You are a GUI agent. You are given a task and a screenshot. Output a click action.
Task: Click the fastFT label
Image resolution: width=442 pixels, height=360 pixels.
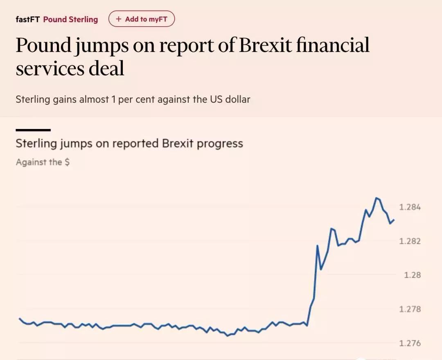[x=28, y=19]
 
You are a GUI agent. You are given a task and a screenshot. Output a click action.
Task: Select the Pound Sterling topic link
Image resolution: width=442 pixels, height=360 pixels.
[x=70, y=19]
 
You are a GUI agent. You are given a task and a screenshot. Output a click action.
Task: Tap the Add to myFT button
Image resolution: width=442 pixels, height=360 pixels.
[x=141, y=19]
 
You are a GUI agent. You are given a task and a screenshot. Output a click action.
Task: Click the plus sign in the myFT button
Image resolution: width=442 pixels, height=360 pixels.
[x=119, y=19]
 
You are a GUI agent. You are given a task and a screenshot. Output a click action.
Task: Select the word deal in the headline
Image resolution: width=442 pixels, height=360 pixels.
[x=107, y=68]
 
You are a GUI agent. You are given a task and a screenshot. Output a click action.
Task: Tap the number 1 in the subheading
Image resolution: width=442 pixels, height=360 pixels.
[x=113, y=99]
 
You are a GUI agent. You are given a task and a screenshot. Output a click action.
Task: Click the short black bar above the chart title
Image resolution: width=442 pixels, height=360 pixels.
[x=33, y=130]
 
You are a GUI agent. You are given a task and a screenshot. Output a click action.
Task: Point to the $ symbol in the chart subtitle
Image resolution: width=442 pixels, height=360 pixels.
[x=67, y=162]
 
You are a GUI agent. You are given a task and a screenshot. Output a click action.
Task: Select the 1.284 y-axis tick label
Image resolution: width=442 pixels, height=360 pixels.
[x=410, y=207]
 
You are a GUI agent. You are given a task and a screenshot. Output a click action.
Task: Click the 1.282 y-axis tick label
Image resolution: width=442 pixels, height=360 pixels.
[x=410, y=241]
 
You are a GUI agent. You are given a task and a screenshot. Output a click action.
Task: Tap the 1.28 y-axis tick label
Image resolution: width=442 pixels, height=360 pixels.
[x=412, y=275]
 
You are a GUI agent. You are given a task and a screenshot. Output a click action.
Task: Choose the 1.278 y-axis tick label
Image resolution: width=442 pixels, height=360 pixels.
[x=410, y=309]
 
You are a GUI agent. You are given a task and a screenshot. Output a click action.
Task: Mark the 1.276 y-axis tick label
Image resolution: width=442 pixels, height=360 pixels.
[x=410, y=343]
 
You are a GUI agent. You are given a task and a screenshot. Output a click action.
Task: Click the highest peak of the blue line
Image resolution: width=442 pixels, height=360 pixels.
[x=376, y=198]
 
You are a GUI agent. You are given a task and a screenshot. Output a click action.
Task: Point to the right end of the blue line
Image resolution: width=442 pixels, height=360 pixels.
[x=394, y=220]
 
